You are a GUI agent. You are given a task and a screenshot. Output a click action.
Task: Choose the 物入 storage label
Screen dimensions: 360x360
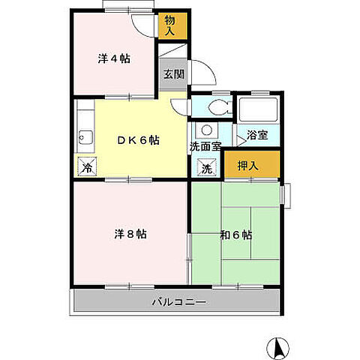click(x=169, y=27)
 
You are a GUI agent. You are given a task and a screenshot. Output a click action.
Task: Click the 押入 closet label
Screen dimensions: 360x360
click(x=248, y=166)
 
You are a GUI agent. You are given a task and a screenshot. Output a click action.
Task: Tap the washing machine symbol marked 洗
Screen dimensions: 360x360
click(x=207, y=168)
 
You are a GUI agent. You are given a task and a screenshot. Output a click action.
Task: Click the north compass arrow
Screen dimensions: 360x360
click(x=277, y=346)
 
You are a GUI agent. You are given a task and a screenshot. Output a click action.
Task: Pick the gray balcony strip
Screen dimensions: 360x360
click(x=176, y=302)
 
